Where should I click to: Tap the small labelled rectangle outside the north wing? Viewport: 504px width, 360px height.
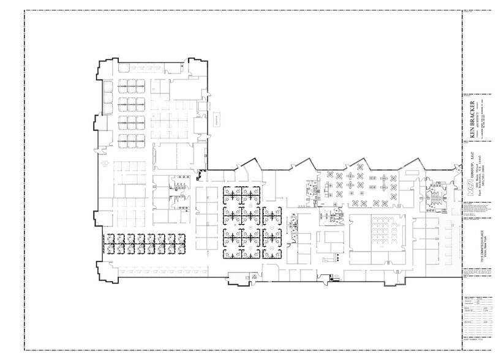click(x=217, y=119)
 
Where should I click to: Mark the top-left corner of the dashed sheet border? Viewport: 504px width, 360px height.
click(x=25, y=11)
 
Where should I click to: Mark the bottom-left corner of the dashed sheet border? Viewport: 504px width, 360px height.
click(x=25, y=350)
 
